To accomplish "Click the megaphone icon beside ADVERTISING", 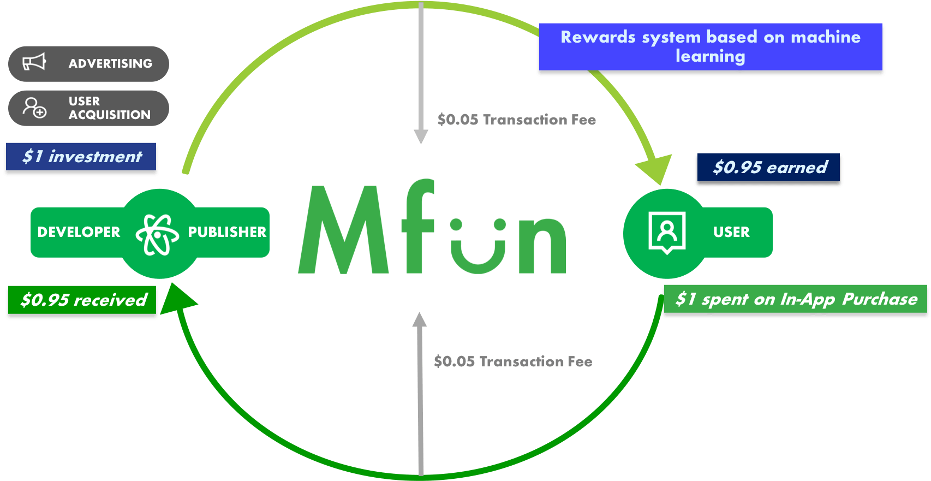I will point(34,63).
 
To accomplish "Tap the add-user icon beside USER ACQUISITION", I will point(34,108).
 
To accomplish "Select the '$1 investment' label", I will point(81,157).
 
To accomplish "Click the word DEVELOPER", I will point(79,232).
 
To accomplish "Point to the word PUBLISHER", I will point(227,232).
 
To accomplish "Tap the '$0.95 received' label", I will point(83,300).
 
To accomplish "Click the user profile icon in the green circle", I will point(667,232).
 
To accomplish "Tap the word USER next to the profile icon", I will point(731,232).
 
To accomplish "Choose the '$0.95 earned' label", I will point(769,167).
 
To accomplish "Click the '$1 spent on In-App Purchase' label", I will point(796,299).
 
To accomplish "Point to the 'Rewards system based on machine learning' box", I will point(710,46).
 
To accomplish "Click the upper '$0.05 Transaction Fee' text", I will point(516,120).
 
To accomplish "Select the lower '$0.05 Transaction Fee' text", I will point(513,361).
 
